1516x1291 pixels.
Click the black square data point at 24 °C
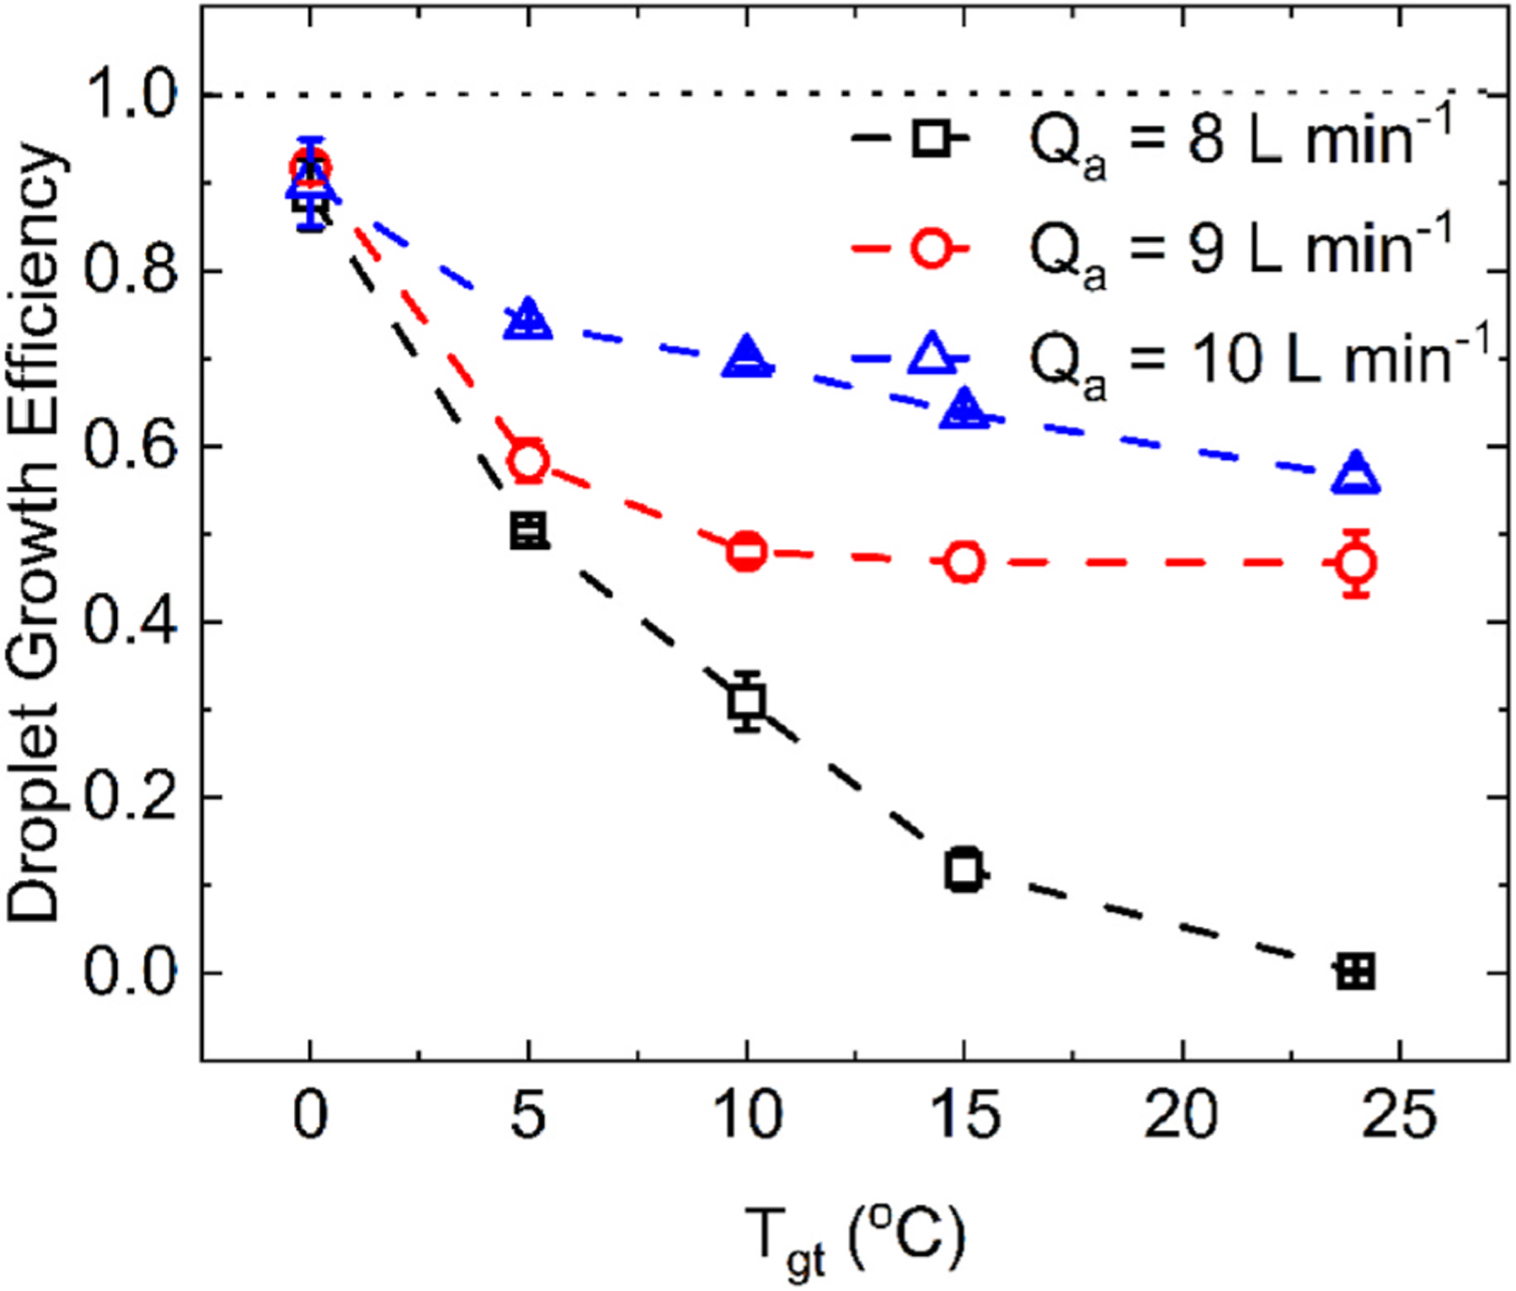[1356, 973]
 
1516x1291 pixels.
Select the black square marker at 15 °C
[964, 870]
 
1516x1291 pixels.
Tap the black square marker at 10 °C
[747, 700]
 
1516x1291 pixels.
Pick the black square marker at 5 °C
[528, 531]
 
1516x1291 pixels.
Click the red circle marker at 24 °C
[1356, 563]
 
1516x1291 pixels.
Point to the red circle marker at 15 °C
[964, 562]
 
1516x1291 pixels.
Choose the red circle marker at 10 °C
[746, 552]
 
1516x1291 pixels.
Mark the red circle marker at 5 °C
[528, 460]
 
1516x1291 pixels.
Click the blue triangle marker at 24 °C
[1356, 473]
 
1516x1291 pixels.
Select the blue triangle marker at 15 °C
[964, 409]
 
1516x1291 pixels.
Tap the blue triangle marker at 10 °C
[746, 357]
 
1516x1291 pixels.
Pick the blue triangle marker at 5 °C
[528, 320]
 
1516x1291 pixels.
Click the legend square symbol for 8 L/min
[931, 137]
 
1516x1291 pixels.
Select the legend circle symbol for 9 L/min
[931, 249]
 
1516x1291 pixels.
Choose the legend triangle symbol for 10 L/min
[931, 354]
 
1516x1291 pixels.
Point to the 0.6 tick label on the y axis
[131, 446]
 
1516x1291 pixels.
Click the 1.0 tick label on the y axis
[131, 96]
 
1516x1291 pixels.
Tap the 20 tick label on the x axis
[1181, 1114]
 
